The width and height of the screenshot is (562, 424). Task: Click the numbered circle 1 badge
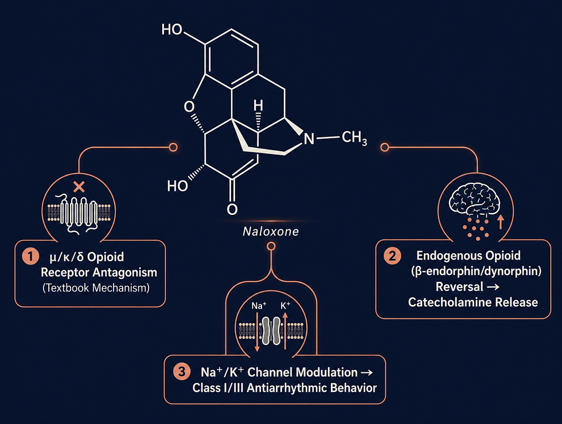tap(30, 257)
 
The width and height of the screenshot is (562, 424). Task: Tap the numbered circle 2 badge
tap(392, 256)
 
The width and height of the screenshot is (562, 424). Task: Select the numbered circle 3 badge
tap(182, 371)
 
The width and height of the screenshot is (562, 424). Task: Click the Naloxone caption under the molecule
tap(271, 231)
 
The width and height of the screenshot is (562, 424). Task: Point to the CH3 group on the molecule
tap(354, 138)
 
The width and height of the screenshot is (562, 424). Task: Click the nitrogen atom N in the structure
tap(309, 139)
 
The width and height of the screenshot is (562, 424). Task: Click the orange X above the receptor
tap(79, 187)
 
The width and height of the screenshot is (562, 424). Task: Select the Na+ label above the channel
tap(259, 305)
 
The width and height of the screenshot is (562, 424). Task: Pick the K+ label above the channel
tap(286, 305)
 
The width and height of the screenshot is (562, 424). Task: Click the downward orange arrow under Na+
tap(257, 332)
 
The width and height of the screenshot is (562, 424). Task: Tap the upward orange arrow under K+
tap(286, 330)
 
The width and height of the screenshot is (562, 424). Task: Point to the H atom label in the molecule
tap(258, 105)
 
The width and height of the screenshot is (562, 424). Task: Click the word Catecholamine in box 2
tap(450, 303)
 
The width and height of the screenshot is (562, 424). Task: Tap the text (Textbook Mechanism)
tap(96, 288)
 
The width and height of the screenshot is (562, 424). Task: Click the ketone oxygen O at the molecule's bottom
tap(232, 209)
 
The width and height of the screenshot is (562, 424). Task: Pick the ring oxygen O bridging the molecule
tap(189, 107)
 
